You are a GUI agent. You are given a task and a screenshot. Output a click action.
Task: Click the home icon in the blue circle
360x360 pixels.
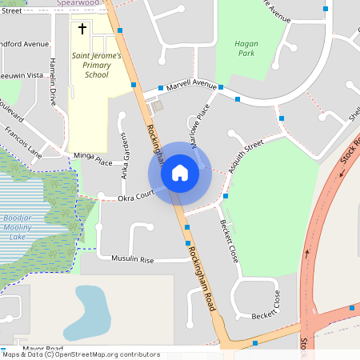(x=180, y=173)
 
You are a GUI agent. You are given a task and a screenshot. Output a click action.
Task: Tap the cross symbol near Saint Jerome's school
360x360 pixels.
(x=82, y=30)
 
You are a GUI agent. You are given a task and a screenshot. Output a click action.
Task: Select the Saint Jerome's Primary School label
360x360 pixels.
(x=97, y=66)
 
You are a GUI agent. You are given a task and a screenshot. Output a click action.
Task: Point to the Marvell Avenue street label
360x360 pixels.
(x=192, y=84)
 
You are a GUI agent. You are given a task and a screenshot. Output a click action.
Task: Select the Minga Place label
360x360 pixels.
(x=93, y=161)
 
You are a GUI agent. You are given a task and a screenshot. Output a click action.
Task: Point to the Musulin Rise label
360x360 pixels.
(x=132, y=260)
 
